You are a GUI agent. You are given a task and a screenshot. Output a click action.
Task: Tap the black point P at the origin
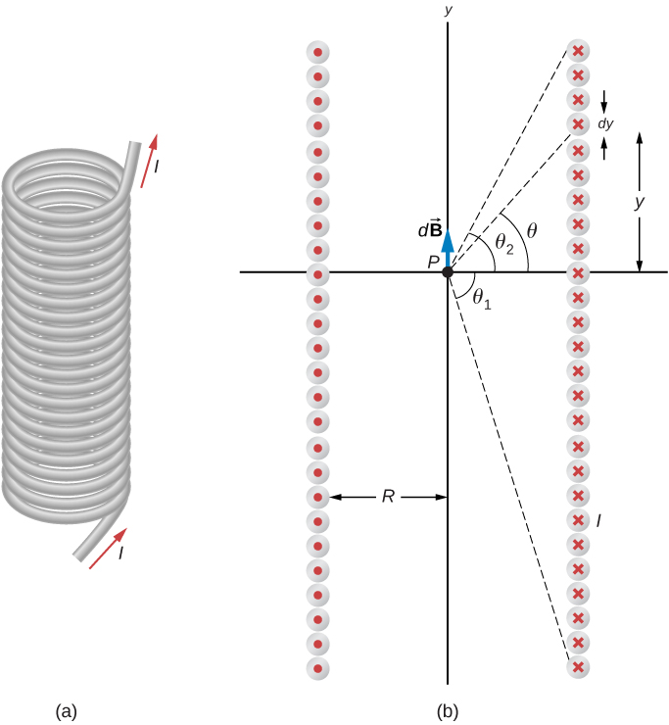click(x=448, y=272)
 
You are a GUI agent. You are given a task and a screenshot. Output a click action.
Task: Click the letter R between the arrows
click(x=388, y=498)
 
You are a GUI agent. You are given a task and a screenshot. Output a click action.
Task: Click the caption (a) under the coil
click(x=68, y=708)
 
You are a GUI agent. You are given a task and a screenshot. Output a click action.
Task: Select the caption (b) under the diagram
click(x=447, y=708)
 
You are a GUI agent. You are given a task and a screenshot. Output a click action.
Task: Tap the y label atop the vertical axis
click(x=448, y=10)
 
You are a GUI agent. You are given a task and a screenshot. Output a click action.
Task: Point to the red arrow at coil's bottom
click(x=107, y=549)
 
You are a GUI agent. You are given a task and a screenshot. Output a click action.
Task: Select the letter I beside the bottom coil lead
click(x=120, y=555)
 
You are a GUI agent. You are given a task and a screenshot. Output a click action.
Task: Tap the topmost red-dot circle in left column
click(x=317, y=52)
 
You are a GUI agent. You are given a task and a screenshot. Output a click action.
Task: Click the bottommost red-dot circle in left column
click(x=317, y=668)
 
